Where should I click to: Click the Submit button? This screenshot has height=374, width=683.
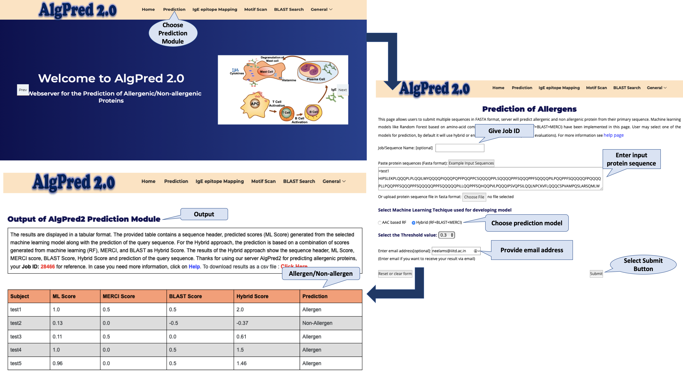pyautogui.click(x=596, y=274)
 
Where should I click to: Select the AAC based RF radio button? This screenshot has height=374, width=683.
pyautogui.click(x=380, y=223)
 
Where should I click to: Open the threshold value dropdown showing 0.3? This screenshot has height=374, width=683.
pyautogui.click(x=447, y=235)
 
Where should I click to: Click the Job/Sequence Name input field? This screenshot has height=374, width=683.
pyautogui.click(x=460, y=148)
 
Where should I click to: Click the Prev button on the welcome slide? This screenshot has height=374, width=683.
pyautogui.click(x=23, y=90)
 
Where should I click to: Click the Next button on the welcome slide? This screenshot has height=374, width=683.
pyautogui.click(x=343, y=90)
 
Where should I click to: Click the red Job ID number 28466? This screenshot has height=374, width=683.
pyautogui.click(x=48, y=267)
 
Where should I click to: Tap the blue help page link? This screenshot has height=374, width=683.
pyautogui.click(x=614, y=135)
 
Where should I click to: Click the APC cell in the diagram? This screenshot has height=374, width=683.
pyautogui.click(x=255, y=104)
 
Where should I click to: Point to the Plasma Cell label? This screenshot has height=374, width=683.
pyautogui.click(x=316, y=79)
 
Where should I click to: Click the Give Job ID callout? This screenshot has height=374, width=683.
pyautogui.click(x=504, y=131)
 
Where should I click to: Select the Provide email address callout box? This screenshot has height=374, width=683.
pyautogui.click(x=532, y=250)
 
